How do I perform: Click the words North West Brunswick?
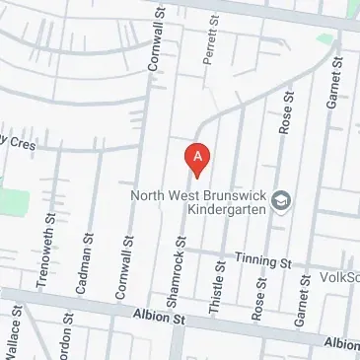point(199,194)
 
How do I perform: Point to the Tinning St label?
point(264,262)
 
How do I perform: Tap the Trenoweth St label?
point(42,252)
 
